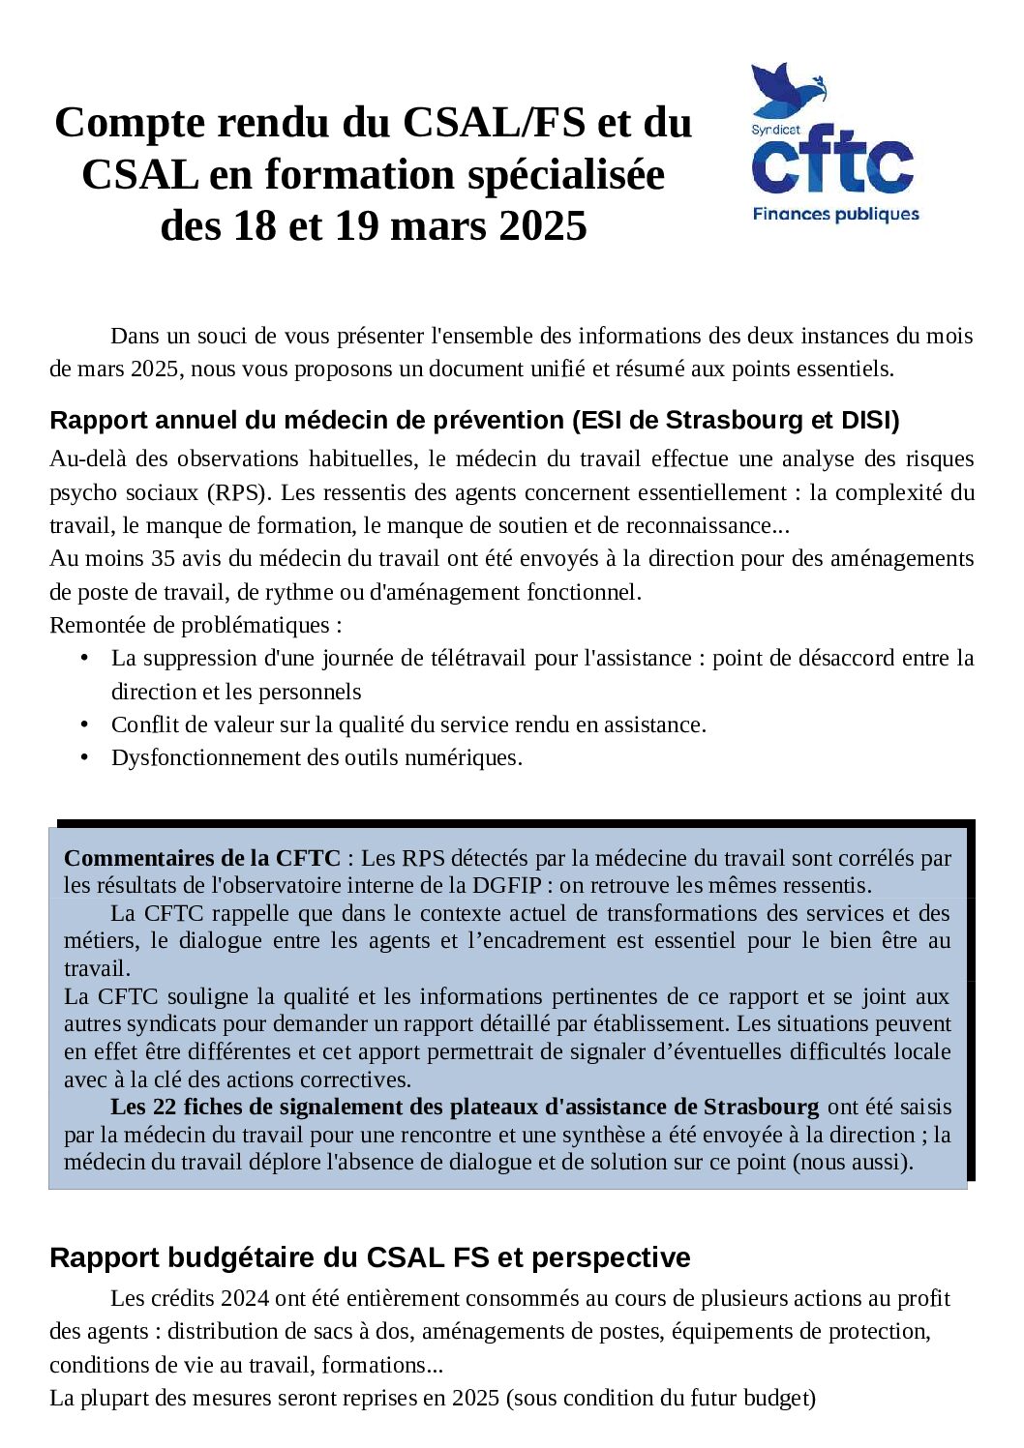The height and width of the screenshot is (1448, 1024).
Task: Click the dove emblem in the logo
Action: [786, 92]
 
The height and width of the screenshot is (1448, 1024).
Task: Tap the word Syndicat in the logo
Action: [775, 130]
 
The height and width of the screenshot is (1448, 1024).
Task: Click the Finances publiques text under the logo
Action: [835, 214]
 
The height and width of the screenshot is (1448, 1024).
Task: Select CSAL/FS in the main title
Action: [494, 123]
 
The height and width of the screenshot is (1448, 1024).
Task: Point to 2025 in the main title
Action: [543, 226]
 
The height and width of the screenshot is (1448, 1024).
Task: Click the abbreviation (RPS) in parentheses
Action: [236, 492]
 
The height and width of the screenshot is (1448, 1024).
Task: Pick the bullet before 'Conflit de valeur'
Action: [85, 724]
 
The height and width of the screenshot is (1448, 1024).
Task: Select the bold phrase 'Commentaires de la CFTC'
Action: [201, 858]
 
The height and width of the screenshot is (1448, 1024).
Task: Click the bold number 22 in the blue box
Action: [165, 1107]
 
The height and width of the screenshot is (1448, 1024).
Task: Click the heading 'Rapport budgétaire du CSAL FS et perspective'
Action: [370, 1257]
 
